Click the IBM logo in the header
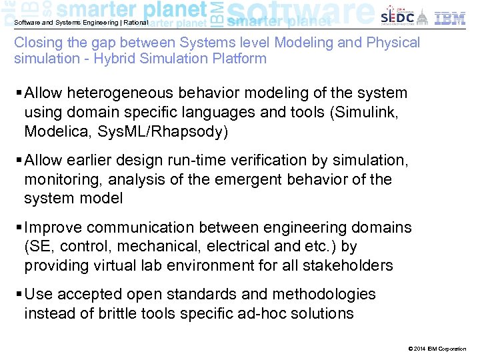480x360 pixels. pos(450,17)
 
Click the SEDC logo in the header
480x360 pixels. pos(397,17)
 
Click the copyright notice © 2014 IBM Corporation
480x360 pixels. pos(436,349)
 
